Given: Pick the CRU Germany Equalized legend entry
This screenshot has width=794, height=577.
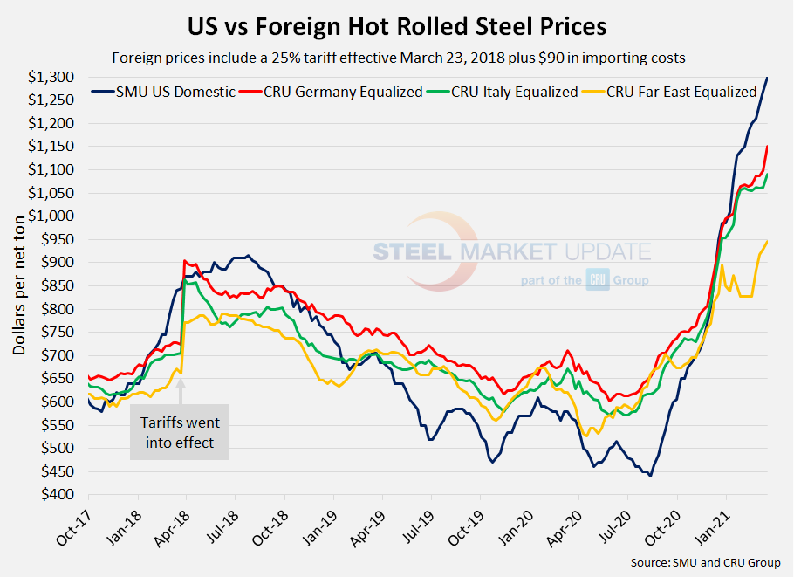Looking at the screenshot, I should (x=332, y=92).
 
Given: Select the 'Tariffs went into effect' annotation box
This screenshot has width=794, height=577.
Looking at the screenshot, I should (x=180, y=433).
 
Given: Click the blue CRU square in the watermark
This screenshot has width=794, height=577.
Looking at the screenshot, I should (x=598, y=281).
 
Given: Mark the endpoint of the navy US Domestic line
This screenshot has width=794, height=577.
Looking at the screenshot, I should (x=767, y=78).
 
